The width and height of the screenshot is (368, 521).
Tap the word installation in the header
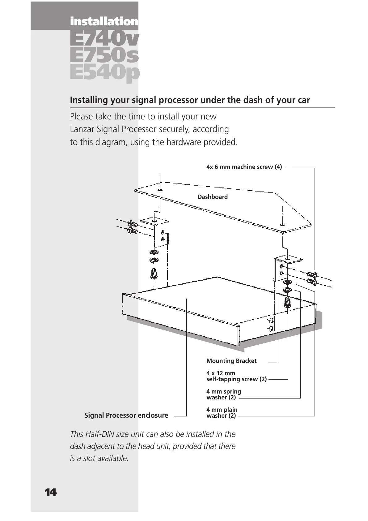pos(104,22)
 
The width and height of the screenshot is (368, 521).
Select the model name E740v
pos(104,39)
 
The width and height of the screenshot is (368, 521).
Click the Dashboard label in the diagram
pos(213,197)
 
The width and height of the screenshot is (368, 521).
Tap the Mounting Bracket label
pos(231,361)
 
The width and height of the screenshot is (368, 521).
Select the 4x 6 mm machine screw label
pos(244,167)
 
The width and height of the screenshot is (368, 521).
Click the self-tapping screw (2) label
pos(236,379)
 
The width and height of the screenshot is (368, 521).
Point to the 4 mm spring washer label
pos(224,394)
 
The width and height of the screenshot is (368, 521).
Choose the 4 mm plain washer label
pos(222,412)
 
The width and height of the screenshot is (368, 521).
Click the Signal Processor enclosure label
pos(126,415)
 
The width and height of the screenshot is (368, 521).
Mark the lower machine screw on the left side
pos(132,230)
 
